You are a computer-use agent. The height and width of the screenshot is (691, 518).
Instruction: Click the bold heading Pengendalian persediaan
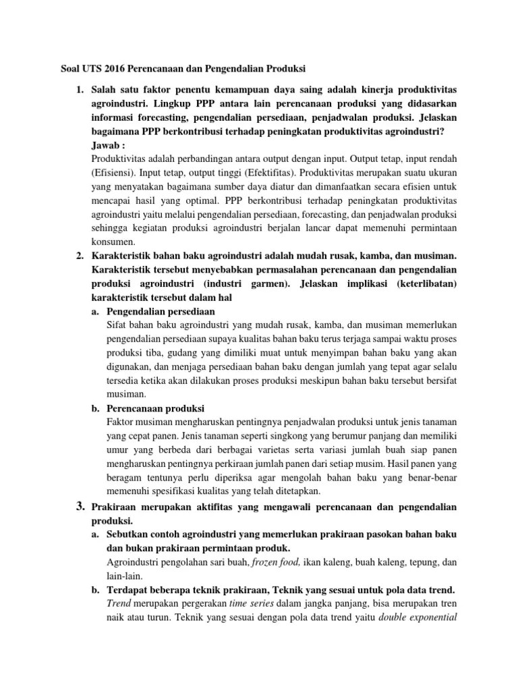click(161, 312)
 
